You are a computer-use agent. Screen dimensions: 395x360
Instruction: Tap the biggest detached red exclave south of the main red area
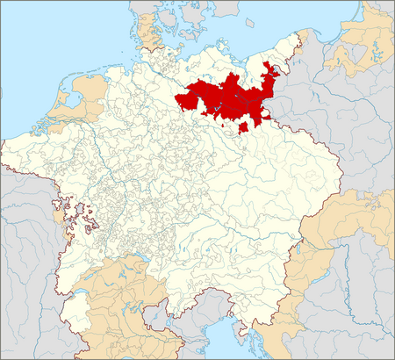click(243, 127)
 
